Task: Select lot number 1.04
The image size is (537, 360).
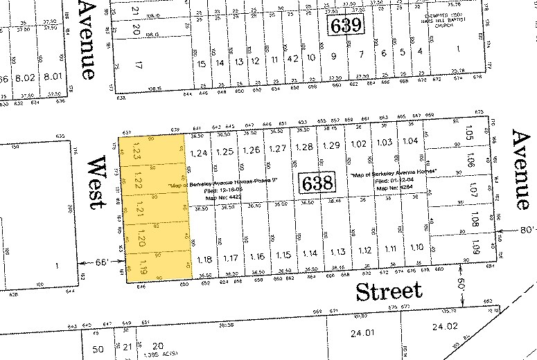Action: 410,141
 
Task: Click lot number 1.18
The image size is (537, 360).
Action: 204,260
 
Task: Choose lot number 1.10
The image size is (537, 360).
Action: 417,247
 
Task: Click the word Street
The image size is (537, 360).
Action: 388,291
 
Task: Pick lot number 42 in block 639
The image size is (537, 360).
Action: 292,59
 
